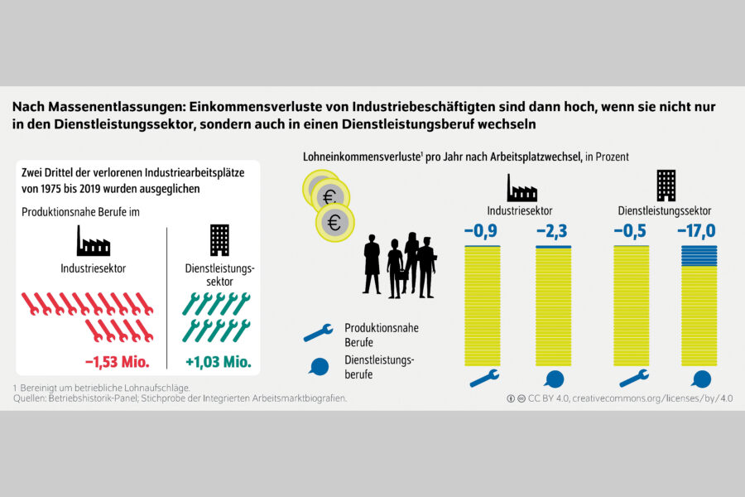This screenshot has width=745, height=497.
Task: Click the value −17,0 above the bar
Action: click(696, 231)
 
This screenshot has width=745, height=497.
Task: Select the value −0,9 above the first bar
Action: click(481, 231)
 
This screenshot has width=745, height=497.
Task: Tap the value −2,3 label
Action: click(552, 231)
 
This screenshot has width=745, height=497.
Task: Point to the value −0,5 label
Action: click(630, 231)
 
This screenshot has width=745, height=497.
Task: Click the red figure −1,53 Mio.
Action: click(118, 362)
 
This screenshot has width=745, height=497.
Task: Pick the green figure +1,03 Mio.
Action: click(218, 362)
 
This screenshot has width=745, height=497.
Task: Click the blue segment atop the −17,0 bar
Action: click(699, 256)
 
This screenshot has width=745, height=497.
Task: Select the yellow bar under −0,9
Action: click(483, 306)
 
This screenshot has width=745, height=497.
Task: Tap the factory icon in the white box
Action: click(93, 242)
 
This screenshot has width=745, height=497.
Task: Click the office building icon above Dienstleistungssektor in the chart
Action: click(666, 186)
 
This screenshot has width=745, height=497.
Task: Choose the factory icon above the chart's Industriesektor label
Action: click(521, 188)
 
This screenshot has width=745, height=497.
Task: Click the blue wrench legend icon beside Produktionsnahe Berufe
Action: click(319, 332)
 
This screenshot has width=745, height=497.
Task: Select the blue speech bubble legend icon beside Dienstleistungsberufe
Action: click(319, 367)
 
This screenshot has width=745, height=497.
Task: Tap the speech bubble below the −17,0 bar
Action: click(701, 379)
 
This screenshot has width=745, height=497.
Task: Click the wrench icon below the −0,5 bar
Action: click(634, 378)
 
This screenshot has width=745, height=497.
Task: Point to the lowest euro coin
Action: click(335, 223)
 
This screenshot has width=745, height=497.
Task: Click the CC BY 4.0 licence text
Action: click(548, 398)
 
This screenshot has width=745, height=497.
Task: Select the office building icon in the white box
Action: click(219, 240)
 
